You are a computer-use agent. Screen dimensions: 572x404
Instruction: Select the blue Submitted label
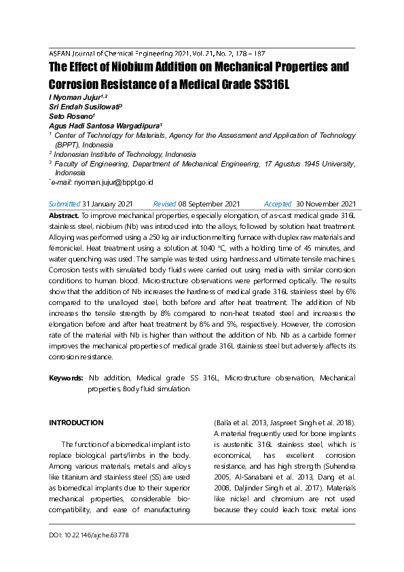coord(64,204)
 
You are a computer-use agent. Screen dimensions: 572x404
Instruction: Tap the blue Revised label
coord(164,204)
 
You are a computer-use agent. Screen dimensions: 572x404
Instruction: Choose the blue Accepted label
coord(277,204)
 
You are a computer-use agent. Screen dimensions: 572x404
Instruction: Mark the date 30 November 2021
coord(326,204)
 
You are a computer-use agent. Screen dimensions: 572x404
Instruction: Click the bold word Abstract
coord(64,215)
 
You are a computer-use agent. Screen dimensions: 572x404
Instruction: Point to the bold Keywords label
coord(66,378)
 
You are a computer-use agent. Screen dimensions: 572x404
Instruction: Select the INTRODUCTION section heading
coord(76,423)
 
